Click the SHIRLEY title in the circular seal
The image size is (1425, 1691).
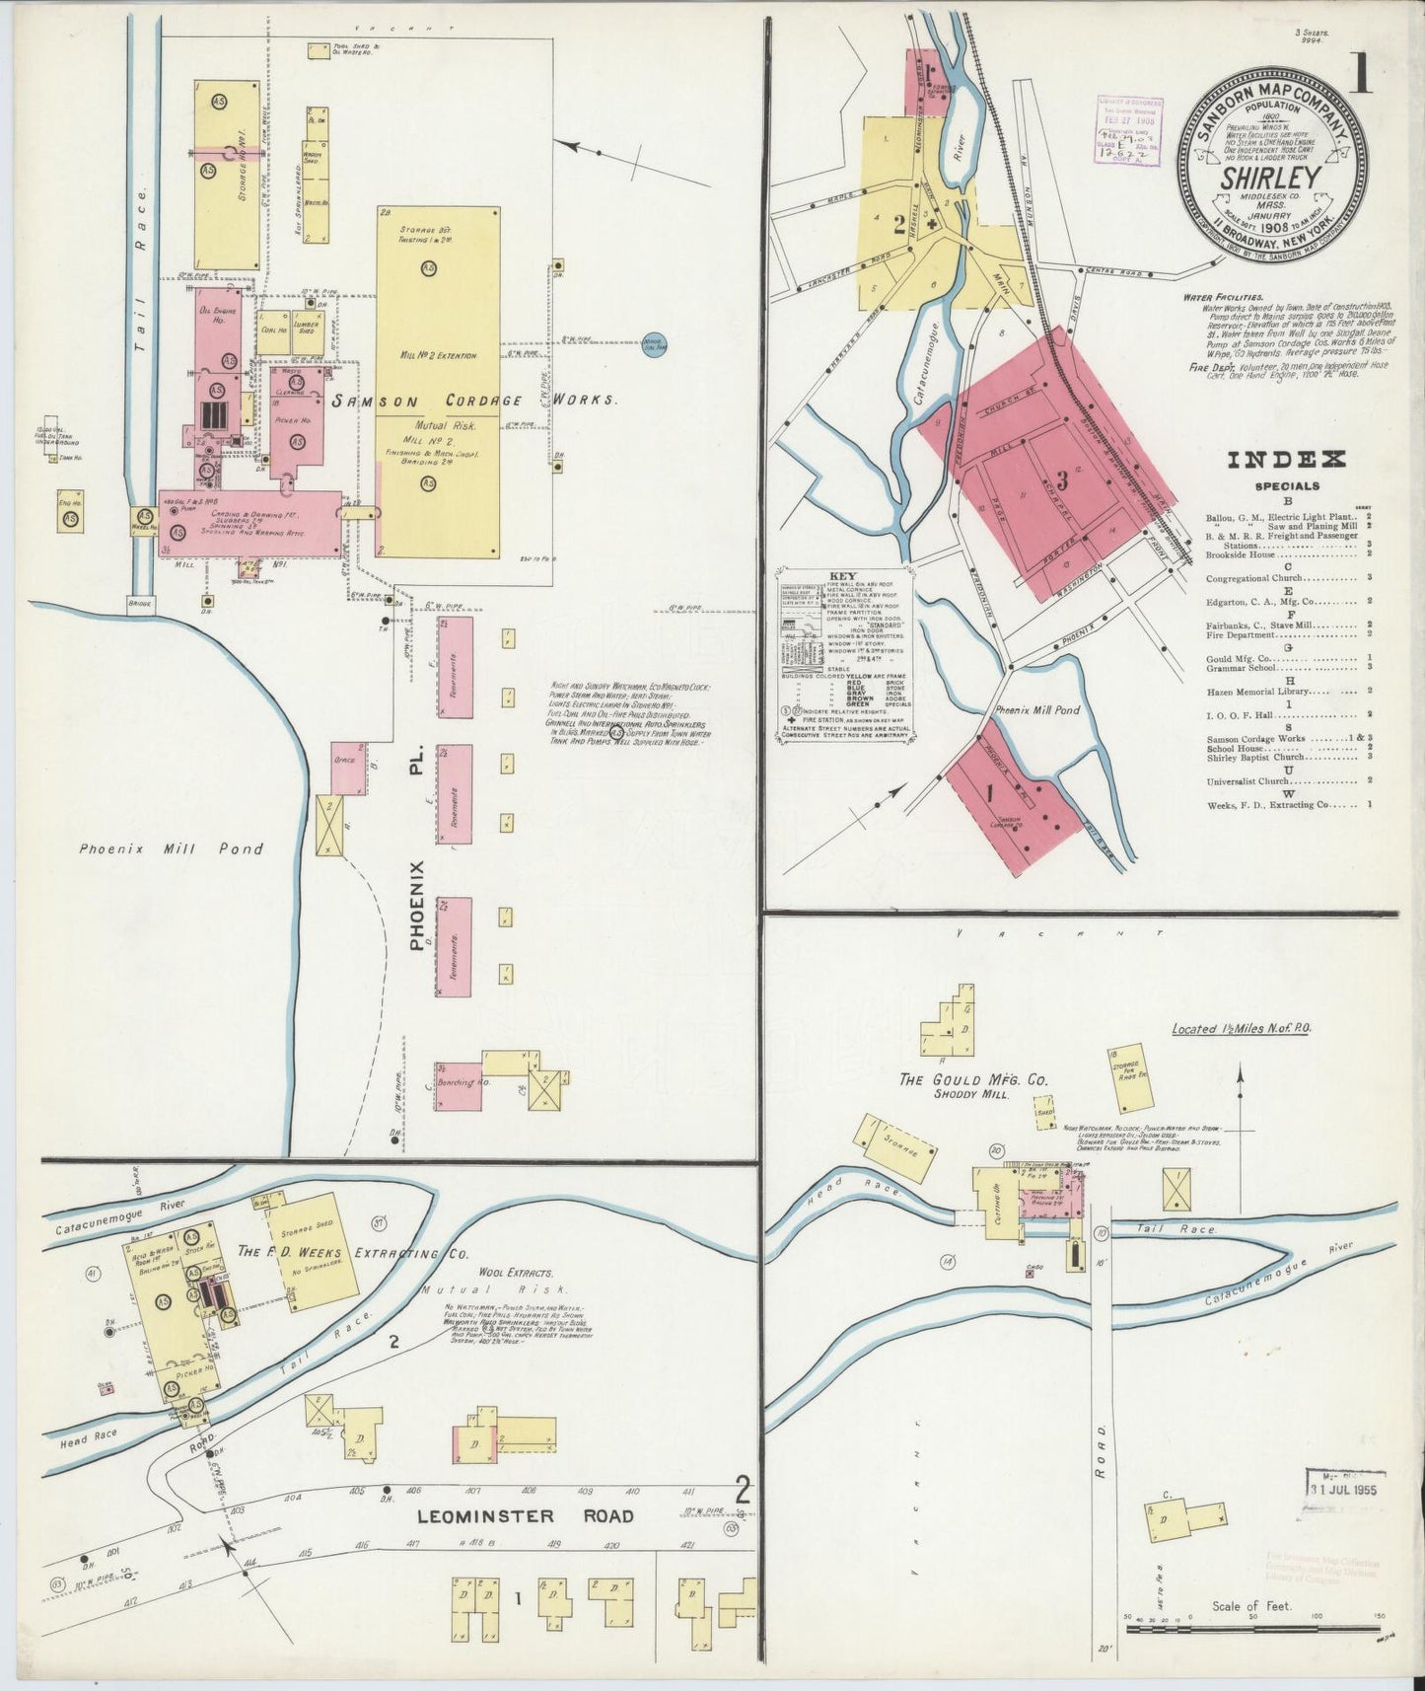coord(1271,179)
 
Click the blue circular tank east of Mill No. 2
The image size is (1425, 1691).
coord(652,345)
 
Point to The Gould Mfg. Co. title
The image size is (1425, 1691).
coord(962,1080)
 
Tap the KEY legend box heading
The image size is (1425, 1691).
coord(843,576)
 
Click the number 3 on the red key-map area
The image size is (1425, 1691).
coord(1062,480)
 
